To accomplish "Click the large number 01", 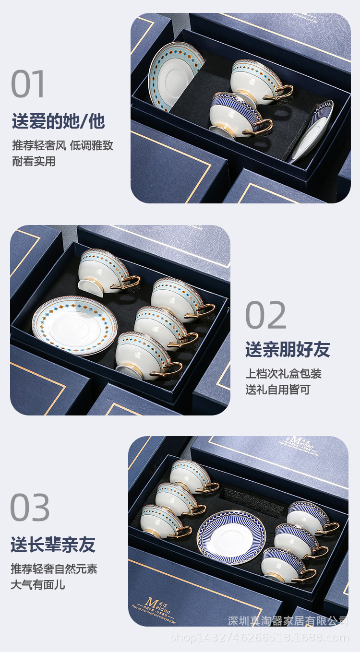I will click(28, 84).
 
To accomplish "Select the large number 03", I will click(30, 508).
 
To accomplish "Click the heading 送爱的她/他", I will click(58, 121).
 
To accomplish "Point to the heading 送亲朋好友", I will click(288, 350).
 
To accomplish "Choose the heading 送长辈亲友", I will click(53, 545).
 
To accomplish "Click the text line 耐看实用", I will click(34, 161).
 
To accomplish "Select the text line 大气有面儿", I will click(38, 585).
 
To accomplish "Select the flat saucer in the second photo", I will click(74, 325).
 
